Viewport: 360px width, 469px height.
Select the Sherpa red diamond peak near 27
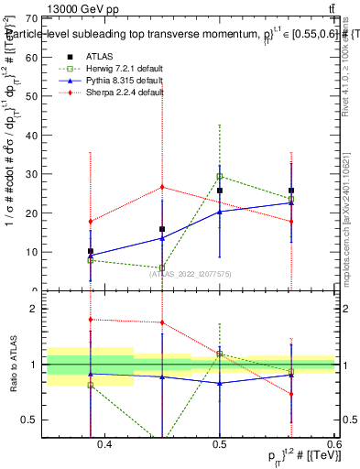tap(162, 187)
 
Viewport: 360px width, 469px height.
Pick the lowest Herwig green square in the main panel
tap(162, 268)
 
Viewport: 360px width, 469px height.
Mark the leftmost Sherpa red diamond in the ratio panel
tap(91, 320)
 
